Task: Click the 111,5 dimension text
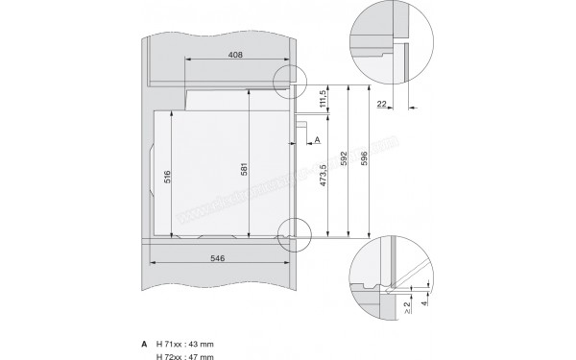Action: (324, 99)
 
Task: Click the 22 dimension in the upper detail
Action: (383, 103)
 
